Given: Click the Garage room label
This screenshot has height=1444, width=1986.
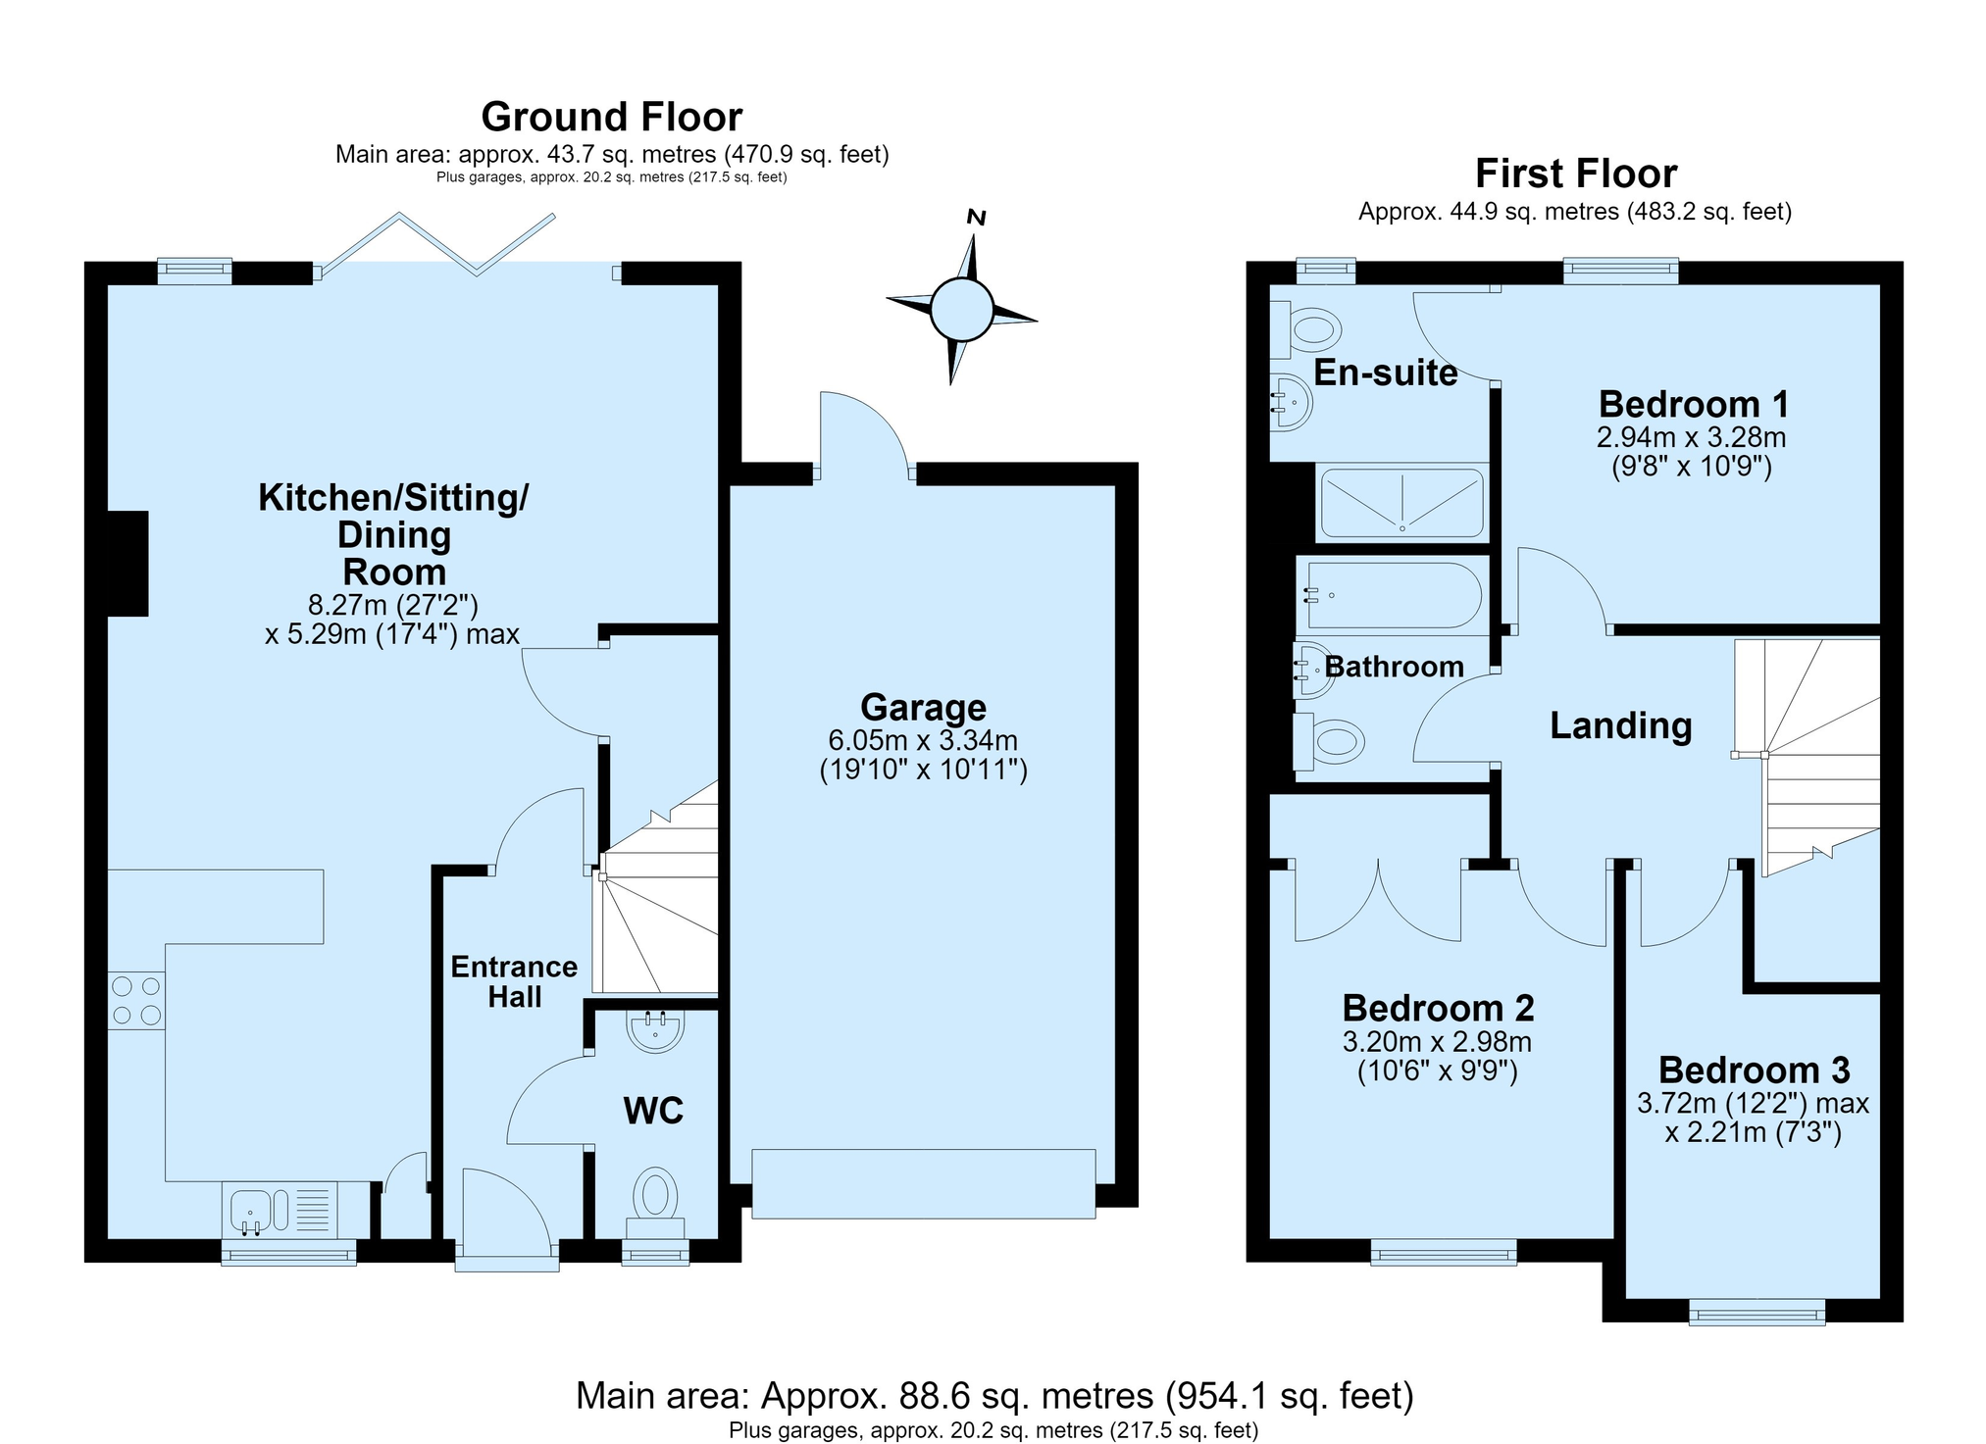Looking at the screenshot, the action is [x=923, y=707].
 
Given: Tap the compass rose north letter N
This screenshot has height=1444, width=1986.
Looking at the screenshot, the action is [x=976, y=218].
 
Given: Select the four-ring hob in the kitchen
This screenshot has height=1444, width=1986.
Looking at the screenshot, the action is [x=136, y=1000].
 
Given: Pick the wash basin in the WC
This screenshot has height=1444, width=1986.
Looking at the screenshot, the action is [x=654, y=1030].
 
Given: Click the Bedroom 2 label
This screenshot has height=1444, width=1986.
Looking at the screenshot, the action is [x=1438, y=1008].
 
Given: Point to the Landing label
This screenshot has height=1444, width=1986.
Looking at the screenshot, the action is [x=1621, y=726].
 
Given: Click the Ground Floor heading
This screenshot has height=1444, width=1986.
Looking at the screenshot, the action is [x=612, y=117].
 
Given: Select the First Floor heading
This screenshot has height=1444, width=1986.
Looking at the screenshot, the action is [x=1576, y=174].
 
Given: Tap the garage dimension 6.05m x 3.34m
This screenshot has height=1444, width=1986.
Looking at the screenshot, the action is [x=923, y=740].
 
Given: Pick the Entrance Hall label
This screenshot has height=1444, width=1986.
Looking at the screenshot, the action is [x=514, y=981].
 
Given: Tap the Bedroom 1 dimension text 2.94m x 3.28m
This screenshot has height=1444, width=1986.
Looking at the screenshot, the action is [x=1692, y=437].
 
